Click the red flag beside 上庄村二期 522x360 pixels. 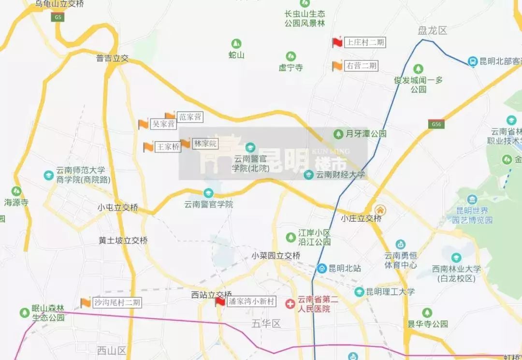[x=337, y=42]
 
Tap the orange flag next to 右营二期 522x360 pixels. [x=337, y=66]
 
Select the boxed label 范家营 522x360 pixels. [x=190, y=116]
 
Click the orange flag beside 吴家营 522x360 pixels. [x=143, y=124]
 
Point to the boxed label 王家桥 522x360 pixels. [x=167, y=147]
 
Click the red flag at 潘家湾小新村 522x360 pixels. [x=220, y=302]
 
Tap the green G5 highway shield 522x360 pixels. [x=58, y=17]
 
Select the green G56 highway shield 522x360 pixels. [x=436, y=124]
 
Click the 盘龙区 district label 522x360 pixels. [x=432, y=31]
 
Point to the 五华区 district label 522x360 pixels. [x=266, y=323]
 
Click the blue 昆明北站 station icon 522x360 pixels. [x=321, y=268]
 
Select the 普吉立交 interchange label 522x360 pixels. [x=113, y=58]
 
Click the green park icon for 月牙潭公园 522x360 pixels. [x=339, y=133]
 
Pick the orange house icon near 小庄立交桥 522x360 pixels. [x=380, y=210]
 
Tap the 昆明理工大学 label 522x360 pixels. [x=390, y=292]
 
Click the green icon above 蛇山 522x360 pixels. [x=236, y=43]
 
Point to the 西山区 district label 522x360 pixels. [x=111, y=350]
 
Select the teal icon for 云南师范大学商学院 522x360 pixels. [x=48, y=175]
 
